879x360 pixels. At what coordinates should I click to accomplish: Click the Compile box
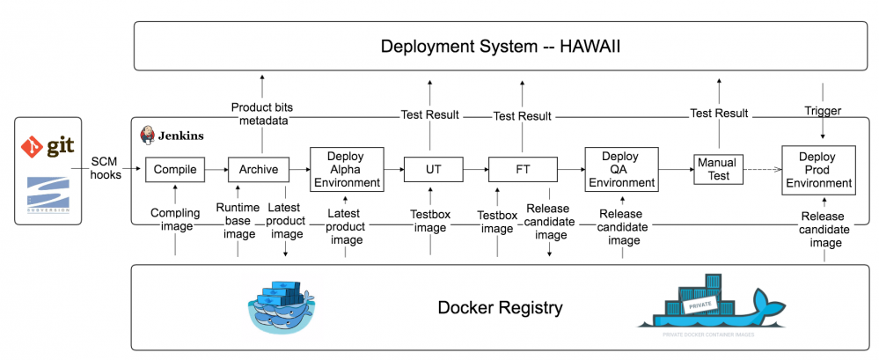tap(175, 168)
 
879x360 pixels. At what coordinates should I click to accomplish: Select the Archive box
tap(259, 168)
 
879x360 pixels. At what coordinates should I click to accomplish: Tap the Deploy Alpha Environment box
tap(346, 169)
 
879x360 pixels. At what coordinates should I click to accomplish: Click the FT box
tap(523, 168)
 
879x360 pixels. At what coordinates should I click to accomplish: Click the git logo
tap(48, 146)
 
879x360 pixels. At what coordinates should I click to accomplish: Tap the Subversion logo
tap(48, 195)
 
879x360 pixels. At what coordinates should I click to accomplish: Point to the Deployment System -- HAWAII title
tap(501, 46)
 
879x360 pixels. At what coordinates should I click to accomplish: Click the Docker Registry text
tap(501, 308)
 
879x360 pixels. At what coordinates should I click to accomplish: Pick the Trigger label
tap(823, 112)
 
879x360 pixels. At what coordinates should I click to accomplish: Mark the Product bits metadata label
tap(262, 114)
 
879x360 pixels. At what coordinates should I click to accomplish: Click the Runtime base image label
tap(238, 220)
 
